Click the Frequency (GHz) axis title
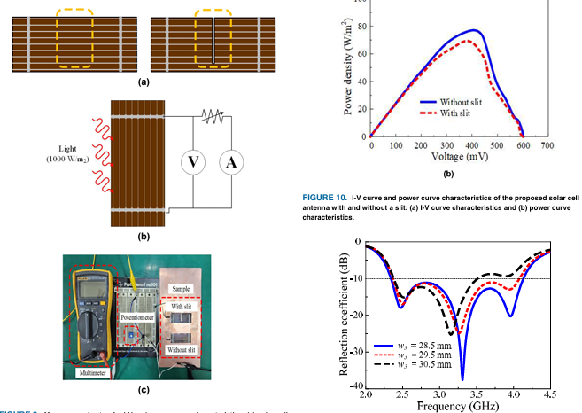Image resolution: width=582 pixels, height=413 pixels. [x=460, y=406]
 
